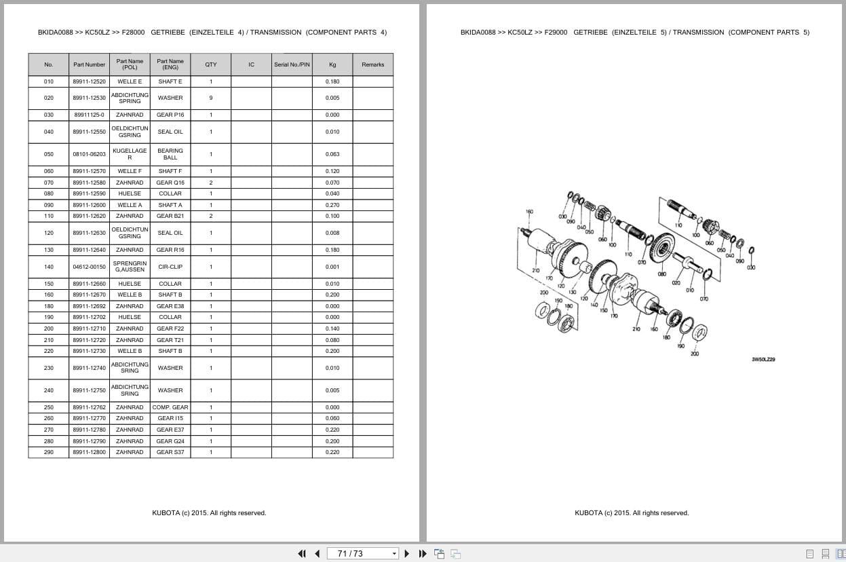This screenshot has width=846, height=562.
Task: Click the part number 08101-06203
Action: point(89,154)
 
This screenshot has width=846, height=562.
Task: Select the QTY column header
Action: point(211,64)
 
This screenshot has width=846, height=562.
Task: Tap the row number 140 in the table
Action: point(48,267)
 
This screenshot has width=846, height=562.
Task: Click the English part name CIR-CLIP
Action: point(170,267)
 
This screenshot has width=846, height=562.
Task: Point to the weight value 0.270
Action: point(332,205)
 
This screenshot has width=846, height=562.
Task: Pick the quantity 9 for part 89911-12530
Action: point(211,98)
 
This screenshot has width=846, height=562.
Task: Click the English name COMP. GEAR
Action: point(170,407)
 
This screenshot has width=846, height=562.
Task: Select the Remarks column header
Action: point(372,64)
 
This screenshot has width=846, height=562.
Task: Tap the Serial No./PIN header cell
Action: point(292,64)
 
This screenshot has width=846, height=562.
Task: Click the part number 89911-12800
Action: point(89,452)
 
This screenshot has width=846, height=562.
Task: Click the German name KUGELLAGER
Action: point(130,154)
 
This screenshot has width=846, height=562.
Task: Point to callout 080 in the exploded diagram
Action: point(661,275)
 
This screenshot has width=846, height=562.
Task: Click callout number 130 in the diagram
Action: point(572,293)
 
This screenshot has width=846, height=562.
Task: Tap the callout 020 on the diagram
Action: point(676,283)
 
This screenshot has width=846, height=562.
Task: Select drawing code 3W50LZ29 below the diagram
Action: point(763,360)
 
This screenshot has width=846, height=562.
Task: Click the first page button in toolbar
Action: point(302,553)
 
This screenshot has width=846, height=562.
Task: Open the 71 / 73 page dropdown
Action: point(394,553)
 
